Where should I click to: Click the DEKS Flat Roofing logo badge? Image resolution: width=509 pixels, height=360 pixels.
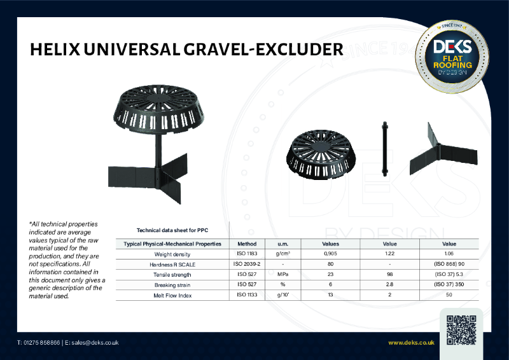point(452,56)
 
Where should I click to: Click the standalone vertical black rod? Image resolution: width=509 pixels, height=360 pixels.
point(384,147)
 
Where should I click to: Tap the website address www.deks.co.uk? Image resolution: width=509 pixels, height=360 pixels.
point(411,343)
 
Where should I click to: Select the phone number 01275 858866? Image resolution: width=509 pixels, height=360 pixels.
point(42,343)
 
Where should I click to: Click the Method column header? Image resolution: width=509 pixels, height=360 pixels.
point(247,244)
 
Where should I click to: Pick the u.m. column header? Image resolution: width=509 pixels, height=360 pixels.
point(282,244)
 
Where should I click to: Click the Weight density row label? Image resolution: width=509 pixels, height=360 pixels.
point(172,254)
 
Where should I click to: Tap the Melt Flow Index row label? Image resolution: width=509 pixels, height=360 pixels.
point(172,294)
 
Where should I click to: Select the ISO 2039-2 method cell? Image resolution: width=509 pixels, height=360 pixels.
point(247,264)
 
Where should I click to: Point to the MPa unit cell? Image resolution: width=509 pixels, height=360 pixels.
point(282,274)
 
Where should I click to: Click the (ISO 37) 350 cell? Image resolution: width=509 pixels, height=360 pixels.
point(449,284)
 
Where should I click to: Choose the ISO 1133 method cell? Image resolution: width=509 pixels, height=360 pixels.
point(247,294)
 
